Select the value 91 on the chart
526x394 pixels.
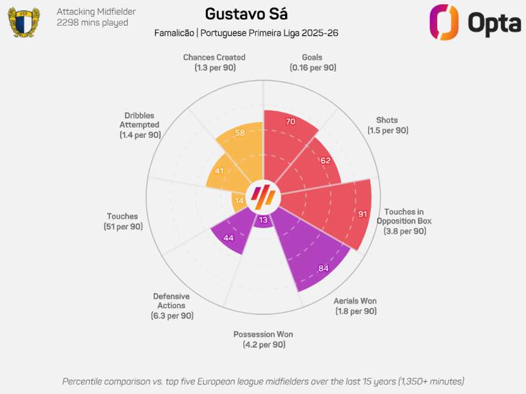(362, 214)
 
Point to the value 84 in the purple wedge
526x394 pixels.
(323, 268)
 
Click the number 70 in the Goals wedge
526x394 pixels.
(290, 122)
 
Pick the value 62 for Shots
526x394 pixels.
(326, 161)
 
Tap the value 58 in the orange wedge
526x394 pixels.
(240, 133)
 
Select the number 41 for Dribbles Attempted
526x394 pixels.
(219, 171)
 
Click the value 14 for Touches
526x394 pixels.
(239, 201)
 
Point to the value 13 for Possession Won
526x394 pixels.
(263, 220)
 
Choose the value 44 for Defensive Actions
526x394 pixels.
(229, 238)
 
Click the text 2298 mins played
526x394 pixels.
(92, 23)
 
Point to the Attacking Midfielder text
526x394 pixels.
(96, 11)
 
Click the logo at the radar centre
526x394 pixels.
(263, 197)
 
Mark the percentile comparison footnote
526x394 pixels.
(263, 381)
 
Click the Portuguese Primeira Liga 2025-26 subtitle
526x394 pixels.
(269, 33)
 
